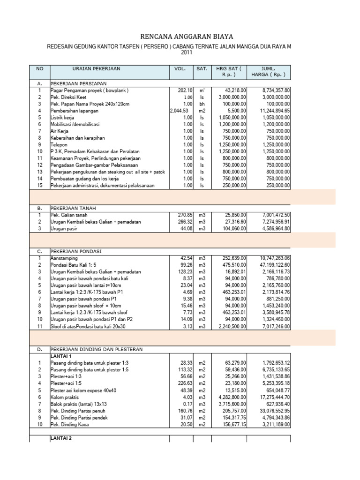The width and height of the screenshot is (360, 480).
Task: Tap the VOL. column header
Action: (180, 69)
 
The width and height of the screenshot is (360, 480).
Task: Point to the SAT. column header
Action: (202, 69)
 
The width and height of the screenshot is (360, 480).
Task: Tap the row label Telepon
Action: (60, 145)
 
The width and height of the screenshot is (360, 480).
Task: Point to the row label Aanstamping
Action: (64, 258)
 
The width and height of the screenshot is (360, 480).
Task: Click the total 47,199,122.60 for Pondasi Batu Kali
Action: (272, 265)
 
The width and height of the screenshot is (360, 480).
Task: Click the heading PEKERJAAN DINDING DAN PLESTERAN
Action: (97, 349)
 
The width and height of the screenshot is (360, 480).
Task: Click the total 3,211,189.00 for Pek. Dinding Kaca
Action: (273, 424)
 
